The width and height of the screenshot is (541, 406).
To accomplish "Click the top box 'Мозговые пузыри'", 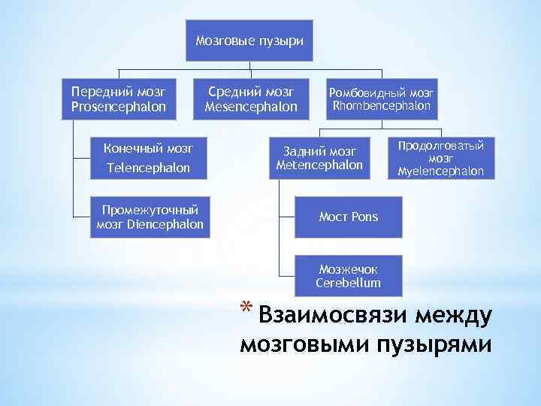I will click(x=249, y=40).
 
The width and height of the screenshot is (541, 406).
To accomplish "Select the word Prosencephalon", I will click(x=119, y=107).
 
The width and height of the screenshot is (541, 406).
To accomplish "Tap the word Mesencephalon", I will click(x=251, y=107).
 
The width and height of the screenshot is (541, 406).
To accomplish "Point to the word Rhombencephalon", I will click(x=382, y=106).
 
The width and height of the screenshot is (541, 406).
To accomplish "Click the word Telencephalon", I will click(x=147, y=168).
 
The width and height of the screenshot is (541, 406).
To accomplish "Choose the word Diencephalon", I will click(x=165, y=224).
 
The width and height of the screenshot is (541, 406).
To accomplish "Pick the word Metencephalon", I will click(x=319, y=165).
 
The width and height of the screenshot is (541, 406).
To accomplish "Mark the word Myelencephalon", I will click(x=441, y=171).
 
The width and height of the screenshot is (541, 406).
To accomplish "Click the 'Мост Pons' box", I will click(x=348, y=217).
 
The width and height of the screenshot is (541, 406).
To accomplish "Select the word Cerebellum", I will click(x=348, y=283).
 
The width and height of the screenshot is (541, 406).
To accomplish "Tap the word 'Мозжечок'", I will click(x=348, y=269).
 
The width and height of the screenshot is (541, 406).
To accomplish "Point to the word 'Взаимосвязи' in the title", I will click(x=332, y=316).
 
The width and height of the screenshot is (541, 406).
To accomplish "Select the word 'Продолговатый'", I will click(x=441, y=145).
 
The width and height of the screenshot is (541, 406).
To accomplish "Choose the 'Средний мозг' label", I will click(x=251, y=92).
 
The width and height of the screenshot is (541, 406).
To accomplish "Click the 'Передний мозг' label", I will click(x=119, y=92).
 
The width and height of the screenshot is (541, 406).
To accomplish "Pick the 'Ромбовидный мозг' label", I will click(x=382, y=92).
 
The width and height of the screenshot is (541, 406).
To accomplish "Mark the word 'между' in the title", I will click(x=453, y=316).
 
